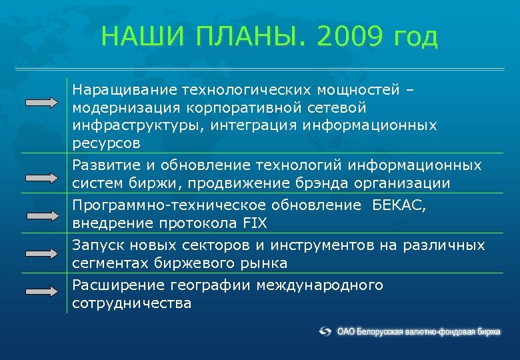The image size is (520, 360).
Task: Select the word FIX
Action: point(253,223)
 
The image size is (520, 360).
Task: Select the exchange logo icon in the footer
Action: point(325,331)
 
